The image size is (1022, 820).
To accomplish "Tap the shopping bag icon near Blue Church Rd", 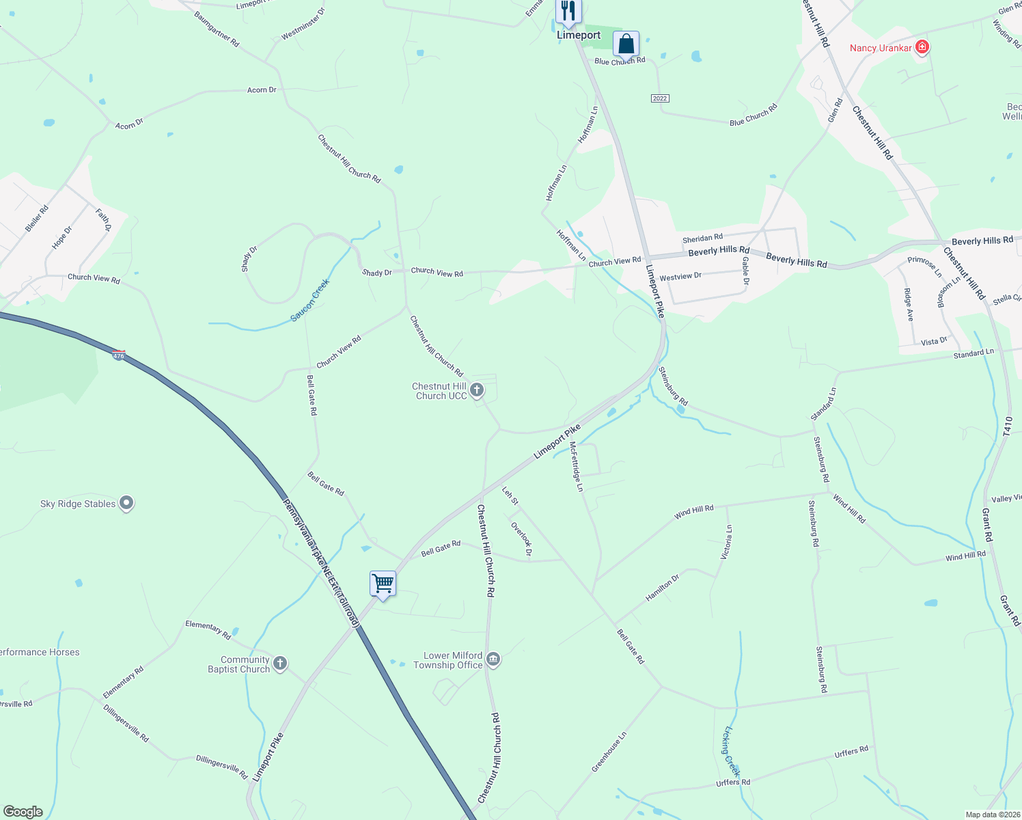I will [x=626, y=44].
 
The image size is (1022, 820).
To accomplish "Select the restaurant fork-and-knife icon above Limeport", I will [x=568, y=11].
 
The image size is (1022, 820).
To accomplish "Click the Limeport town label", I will [x=579, y=35].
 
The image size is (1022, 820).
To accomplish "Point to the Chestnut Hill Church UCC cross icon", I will [x=477, y=390].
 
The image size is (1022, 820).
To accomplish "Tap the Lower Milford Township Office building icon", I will [x=493, y=659].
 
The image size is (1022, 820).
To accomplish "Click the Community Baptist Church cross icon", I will [x=279, y=664].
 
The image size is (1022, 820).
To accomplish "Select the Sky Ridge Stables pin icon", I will [x=126, y=504].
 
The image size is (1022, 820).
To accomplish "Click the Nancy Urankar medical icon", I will [x=922, y=47].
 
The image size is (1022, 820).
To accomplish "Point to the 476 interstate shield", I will [x=119, y=355].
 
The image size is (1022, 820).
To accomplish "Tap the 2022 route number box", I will [x=659, y=98].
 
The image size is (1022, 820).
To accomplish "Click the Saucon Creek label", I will [x=310, y=300].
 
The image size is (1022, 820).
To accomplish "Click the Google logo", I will [x=23, y=812].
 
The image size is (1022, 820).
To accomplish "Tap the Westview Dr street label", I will [x=680, y=277].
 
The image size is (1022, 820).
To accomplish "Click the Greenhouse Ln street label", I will [x=609, y=752].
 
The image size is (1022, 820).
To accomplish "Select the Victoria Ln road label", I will [x=727, y=543].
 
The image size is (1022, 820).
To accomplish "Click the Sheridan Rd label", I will [x=702, y=238].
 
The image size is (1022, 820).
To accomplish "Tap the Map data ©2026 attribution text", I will [x=992, y=815].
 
